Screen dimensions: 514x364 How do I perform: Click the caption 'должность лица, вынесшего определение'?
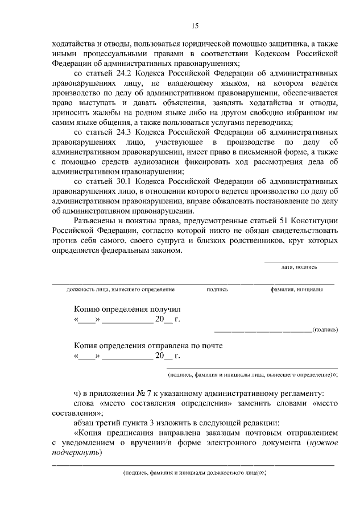click(x=120, y=289)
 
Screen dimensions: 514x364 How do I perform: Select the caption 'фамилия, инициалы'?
click(x=297, y=289)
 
